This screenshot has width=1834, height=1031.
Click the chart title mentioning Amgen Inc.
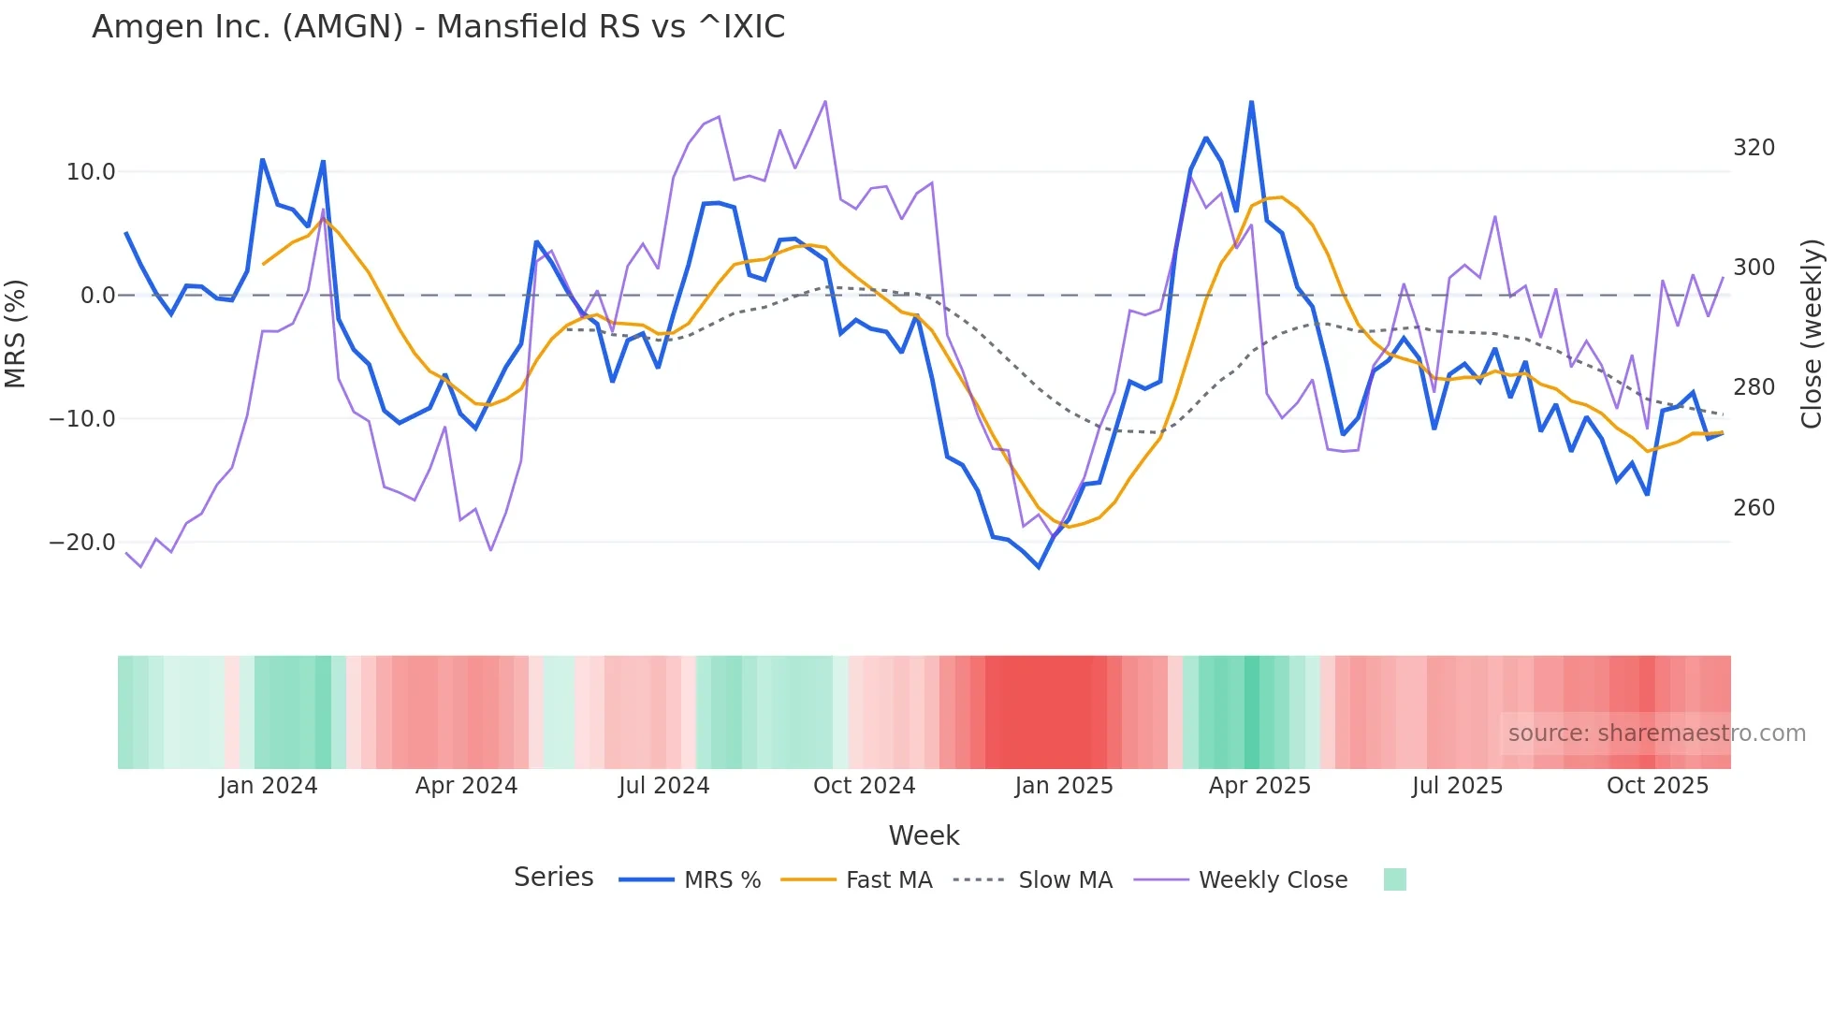[438, 27]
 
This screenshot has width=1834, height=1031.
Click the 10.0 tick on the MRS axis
[91, 172]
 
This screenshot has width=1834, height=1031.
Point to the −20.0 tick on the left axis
[82, 543]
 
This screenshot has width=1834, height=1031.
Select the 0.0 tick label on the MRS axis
[97, 296]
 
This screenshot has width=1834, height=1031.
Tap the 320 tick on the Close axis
[1754, 148]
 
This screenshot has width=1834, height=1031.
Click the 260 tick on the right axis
[1754, 508]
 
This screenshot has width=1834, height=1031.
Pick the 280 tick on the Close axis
[1754, 387]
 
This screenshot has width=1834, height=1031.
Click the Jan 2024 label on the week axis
[269, 786]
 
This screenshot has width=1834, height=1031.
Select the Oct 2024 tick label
[864, 786]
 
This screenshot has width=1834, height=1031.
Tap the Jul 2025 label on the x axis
[1457, 786]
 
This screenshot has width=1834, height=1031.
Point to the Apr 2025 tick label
[1259, 786]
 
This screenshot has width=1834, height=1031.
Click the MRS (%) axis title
[16, 333]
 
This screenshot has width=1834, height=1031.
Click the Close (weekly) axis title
[1812, 334]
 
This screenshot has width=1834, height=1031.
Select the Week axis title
[924, 835]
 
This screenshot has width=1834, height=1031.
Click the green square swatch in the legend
[1394, 879]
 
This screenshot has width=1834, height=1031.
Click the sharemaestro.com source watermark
[1656, 733]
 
